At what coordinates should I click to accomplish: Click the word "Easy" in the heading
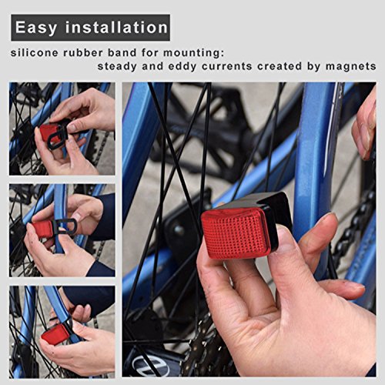tap(35, 28)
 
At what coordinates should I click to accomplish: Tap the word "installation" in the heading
tap(116, 27)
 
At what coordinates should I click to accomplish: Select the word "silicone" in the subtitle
tap(35, 53)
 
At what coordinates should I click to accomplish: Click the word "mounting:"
tap(194, 53)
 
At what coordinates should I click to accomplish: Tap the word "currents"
tap(227, 66)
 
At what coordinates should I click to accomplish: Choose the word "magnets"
tap(351, 66)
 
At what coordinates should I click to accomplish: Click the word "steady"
tap(117, 66)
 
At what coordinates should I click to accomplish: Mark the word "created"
tap(280, 66)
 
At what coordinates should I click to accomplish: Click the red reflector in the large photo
tap(236, 233)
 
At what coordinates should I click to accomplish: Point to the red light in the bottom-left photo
tap(55, 334)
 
